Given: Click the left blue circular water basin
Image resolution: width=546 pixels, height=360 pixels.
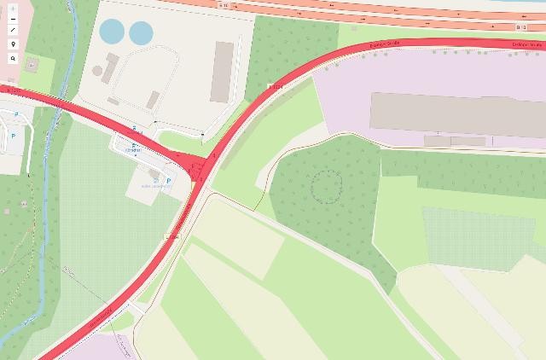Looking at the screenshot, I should tap(111, 32).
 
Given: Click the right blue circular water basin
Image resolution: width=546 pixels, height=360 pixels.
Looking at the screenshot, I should tap(140, 32).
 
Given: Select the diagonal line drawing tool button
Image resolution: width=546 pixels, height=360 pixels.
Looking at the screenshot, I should tap(13, 29).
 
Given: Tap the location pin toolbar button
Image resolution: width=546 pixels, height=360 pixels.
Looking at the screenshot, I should tap(13, 43).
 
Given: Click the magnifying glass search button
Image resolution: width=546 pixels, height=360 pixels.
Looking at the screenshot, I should tap(13, 59).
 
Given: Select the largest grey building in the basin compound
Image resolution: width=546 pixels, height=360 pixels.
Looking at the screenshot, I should tap(224, 71).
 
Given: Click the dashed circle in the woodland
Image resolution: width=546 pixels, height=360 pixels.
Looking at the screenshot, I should tap(326, 185).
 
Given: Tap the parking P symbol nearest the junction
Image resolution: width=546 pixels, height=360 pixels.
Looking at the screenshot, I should tap(167, 181).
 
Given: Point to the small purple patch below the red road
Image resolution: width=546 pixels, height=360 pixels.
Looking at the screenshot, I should tap(94, 348).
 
